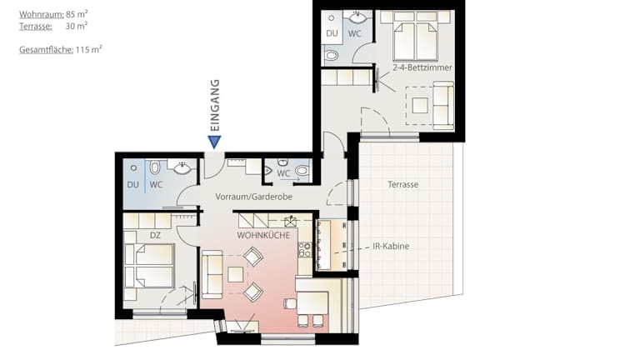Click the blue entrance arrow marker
point(214,142)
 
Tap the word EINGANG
point(215,105)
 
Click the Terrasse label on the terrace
point(402,184)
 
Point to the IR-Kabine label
point(391,246)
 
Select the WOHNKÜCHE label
point(263,236)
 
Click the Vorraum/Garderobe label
point(254,197)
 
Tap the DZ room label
point(155,236)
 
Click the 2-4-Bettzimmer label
point(422,67)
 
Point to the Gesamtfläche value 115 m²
point(88,50)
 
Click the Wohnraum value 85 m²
point(77,14)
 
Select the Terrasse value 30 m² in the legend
point(77,27)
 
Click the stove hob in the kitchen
point(304,250)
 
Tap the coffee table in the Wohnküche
point(236,274)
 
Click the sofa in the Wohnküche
point(212,274)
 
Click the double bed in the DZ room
point(149,266)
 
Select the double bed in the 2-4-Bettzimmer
point(415,41)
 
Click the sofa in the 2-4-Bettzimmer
point(443,105)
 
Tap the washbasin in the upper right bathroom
point(358,18)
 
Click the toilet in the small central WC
point(302,170)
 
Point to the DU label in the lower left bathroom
point(133,185)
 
